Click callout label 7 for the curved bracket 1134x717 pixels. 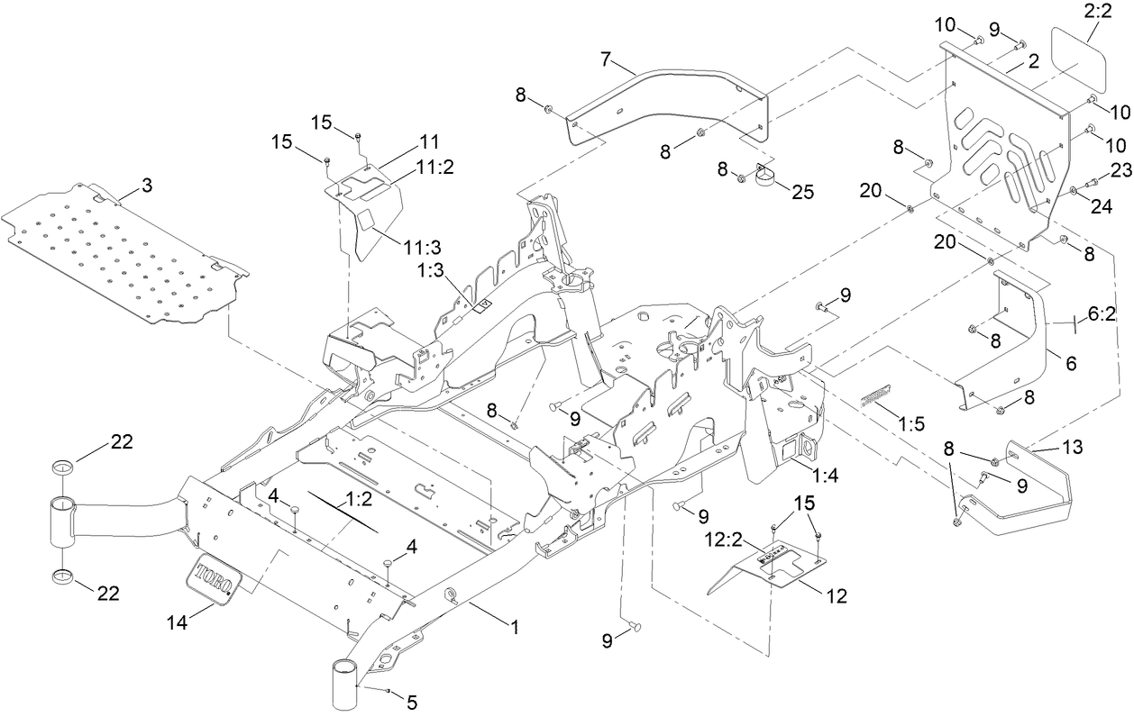coord(607,59)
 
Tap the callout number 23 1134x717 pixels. coord(1120,168)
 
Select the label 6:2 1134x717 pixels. coord(1102,315)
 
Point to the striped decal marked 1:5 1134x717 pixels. coord(873,394)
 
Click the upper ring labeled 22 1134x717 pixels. coord(62,467)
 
